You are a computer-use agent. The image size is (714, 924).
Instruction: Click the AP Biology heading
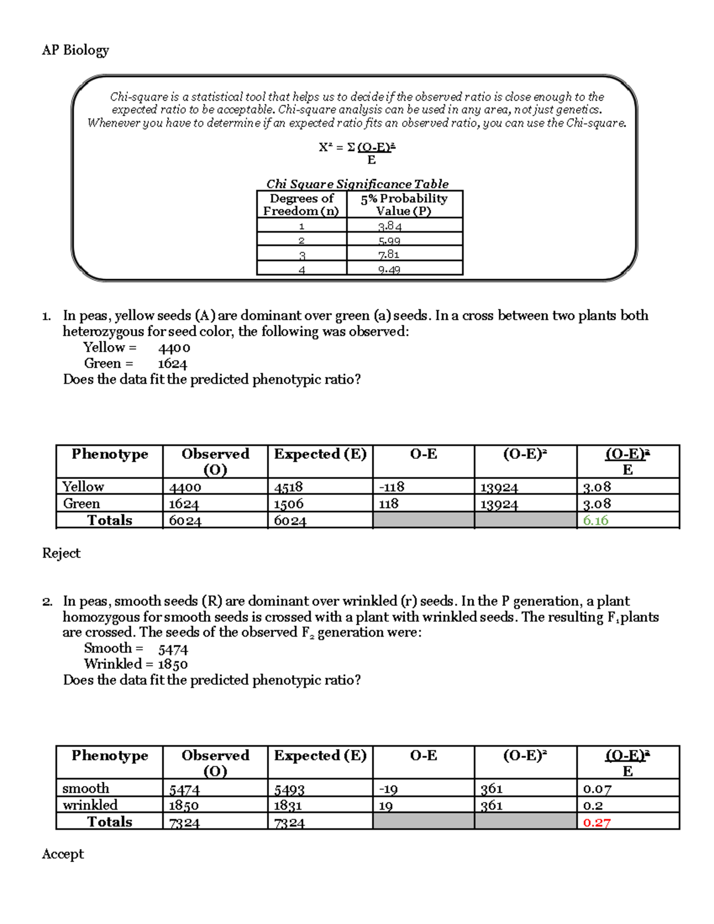pyautogui.click(x=75, y=50)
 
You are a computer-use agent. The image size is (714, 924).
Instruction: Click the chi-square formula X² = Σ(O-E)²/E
pyautogui.click(x=358, y=152)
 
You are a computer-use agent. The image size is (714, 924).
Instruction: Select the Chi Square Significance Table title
pyautogui.click(x=357, y=184)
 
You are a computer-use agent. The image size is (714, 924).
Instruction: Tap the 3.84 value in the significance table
pyautogui.click(x=390, y=226)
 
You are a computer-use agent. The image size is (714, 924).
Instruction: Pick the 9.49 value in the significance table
pyautogui.click(x=389, y=270)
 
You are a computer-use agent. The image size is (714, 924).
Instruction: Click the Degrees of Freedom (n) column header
pyautogui.click(x=301, y=205)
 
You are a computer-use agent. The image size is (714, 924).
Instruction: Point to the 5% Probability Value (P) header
pyautogui.click(x=404, y=205)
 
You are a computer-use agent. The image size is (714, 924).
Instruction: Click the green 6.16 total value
pyautogui.click(x=595, y=521)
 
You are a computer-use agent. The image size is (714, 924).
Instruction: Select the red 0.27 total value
pyautogui.click(x=596, y=822)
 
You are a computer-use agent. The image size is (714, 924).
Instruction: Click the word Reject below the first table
pyautogui.click(x=61, y=553)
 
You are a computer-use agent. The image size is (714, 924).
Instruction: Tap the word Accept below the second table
pyautogui.click(x=62, y=854)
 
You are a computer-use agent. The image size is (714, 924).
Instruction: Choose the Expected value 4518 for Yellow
pyautogui.click(x=289, y=487)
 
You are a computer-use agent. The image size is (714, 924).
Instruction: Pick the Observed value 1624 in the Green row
pyautogui.click(x=184, y=504)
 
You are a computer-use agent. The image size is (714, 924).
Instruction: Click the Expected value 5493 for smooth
pyautogui.click(x=289, y=790)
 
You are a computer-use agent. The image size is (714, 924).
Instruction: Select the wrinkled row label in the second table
pyautogui.click(x=90, y=805)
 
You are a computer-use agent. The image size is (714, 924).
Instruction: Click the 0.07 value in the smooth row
pyautogui.click(x=597, y=789)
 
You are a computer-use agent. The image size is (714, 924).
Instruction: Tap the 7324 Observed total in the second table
pyautogui.click(x=184, y=823)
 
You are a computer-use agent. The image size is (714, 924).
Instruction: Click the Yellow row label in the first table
pyautogui.click(x=83, y=487)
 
